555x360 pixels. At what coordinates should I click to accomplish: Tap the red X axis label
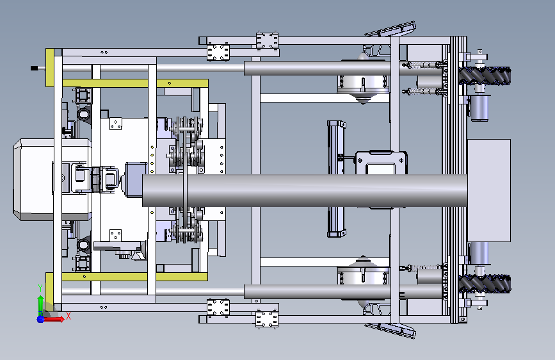(68, 316)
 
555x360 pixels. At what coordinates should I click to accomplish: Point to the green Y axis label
(40, 288)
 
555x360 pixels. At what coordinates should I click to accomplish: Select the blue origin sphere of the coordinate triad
(41, 319)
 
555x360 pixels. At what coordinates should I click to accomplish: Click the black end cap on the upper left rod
(34, 68)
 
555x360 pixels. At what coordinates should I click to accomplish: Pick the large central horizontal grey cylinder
(305, 190)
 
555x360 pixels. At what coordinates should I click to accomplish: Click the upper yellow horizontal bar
(135, 84)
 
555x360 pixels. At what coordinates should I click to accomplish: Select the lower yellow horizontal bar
(135, 277)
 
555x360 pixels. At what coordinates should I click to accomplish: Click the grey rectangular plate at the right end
(489, 191)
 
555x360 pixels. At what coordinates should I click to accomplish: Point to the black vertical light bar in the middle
(335, 179)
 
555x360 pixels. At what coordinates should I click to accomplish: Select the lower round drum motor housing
(364, 278)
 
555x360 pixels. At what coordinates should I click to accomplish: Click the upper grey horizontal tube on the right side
(343, 69)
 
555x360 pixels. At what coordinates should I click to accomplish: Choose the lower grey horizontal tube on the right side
(343, 291)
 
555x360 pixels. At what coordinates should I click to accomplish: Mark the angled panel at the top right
(390, 29)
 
